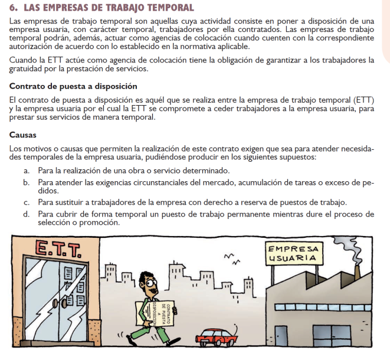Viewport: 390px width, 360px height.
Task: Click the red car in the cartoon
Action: pyautogui.click(x=217, y=336)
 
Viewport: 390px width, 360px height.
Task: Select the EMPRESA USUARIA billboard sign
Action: pyautogui.click(x=294, y=253)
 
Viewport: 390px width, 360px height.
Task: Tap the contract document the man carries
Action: pyautogui.click(x=159, y=312)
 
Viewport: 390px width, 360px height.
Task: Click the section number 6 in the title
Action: pyautogui.click(x=13, y=8)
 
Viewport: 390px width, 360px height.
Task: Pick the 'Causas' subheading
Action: pyautogui.click(x=24, y=135)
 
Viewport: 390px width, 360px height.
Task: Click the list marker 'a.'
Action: pyautogui.click(x=27, y=171)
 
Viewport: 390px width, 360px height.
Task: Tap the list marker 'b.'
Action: pyautogui.click(x=27, y=183)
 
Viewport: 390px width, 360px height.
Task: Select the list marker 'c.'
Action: pyautogui.click(x=27, y=202)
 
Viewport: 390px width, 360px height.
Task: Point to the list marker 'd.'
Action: pyautogui.click(x=27, y=214)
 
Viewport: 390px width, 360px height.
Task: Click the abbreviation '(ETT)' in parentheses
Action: pyautogui.click(x=362, y=99)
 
